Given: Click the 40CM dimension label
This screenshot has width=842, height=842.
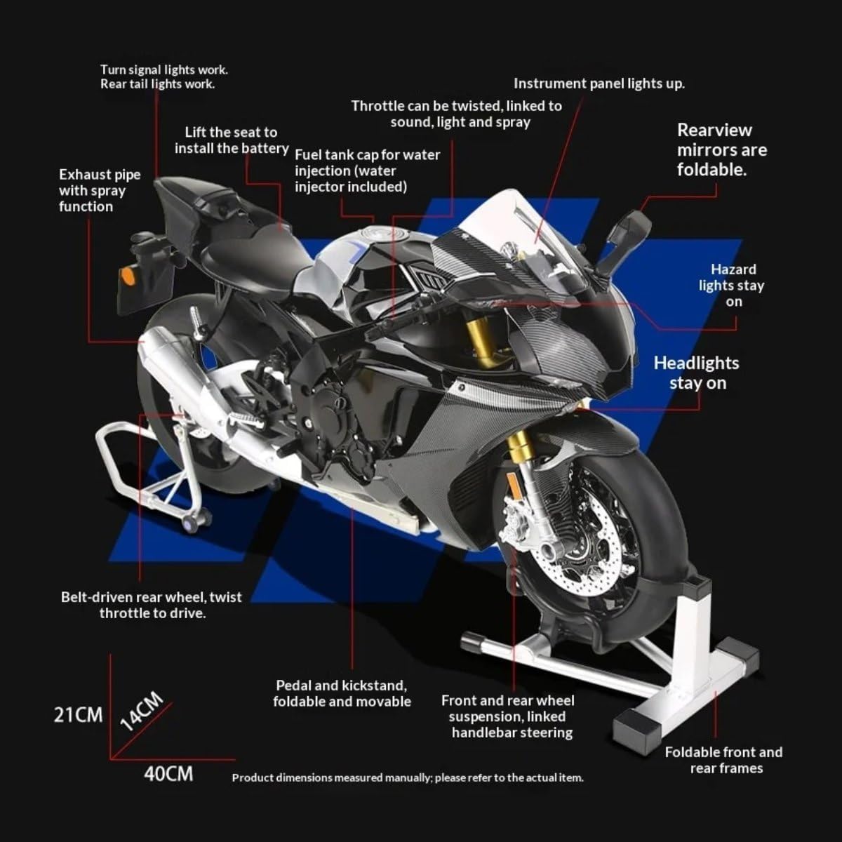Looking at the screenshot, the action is (x=168, y=774).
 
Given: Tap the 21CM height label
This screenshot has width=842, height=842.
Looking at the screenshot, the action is (x=78, y=715).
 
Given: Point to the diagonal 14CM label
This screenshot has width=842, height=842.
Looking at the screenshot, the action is (x=142, y=711).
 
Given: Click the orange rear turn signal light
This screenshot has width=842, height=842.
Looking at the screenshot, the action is (x=127, y=276).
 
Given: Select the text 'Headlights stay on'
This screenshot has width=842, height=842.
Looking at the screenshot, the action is (x=697, y=373).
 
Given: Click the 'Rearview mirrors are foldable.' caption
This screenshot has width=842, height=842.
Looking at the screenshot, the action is (x=722, y=150).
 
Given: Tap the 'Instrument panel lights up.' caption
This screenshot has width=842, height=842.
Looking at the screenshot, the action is (x=599, y=83).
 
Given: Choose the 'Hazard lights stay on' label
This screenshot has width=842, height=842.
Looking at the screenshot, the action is (x=732, y=286).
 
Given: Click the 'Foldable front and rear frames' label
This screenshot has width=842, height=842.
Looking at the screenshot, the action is (x=724, y=761).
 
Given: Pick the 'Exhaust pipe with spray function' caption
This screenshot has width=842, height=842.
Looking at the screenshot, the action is (x=100, y=191).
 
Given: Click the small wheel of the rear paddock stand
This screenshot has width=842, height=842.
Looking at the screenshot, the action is (x=192, y=525).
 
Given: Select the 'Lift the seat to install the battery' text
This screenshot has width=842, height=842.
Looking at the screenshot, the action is (x=232, y=140).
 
